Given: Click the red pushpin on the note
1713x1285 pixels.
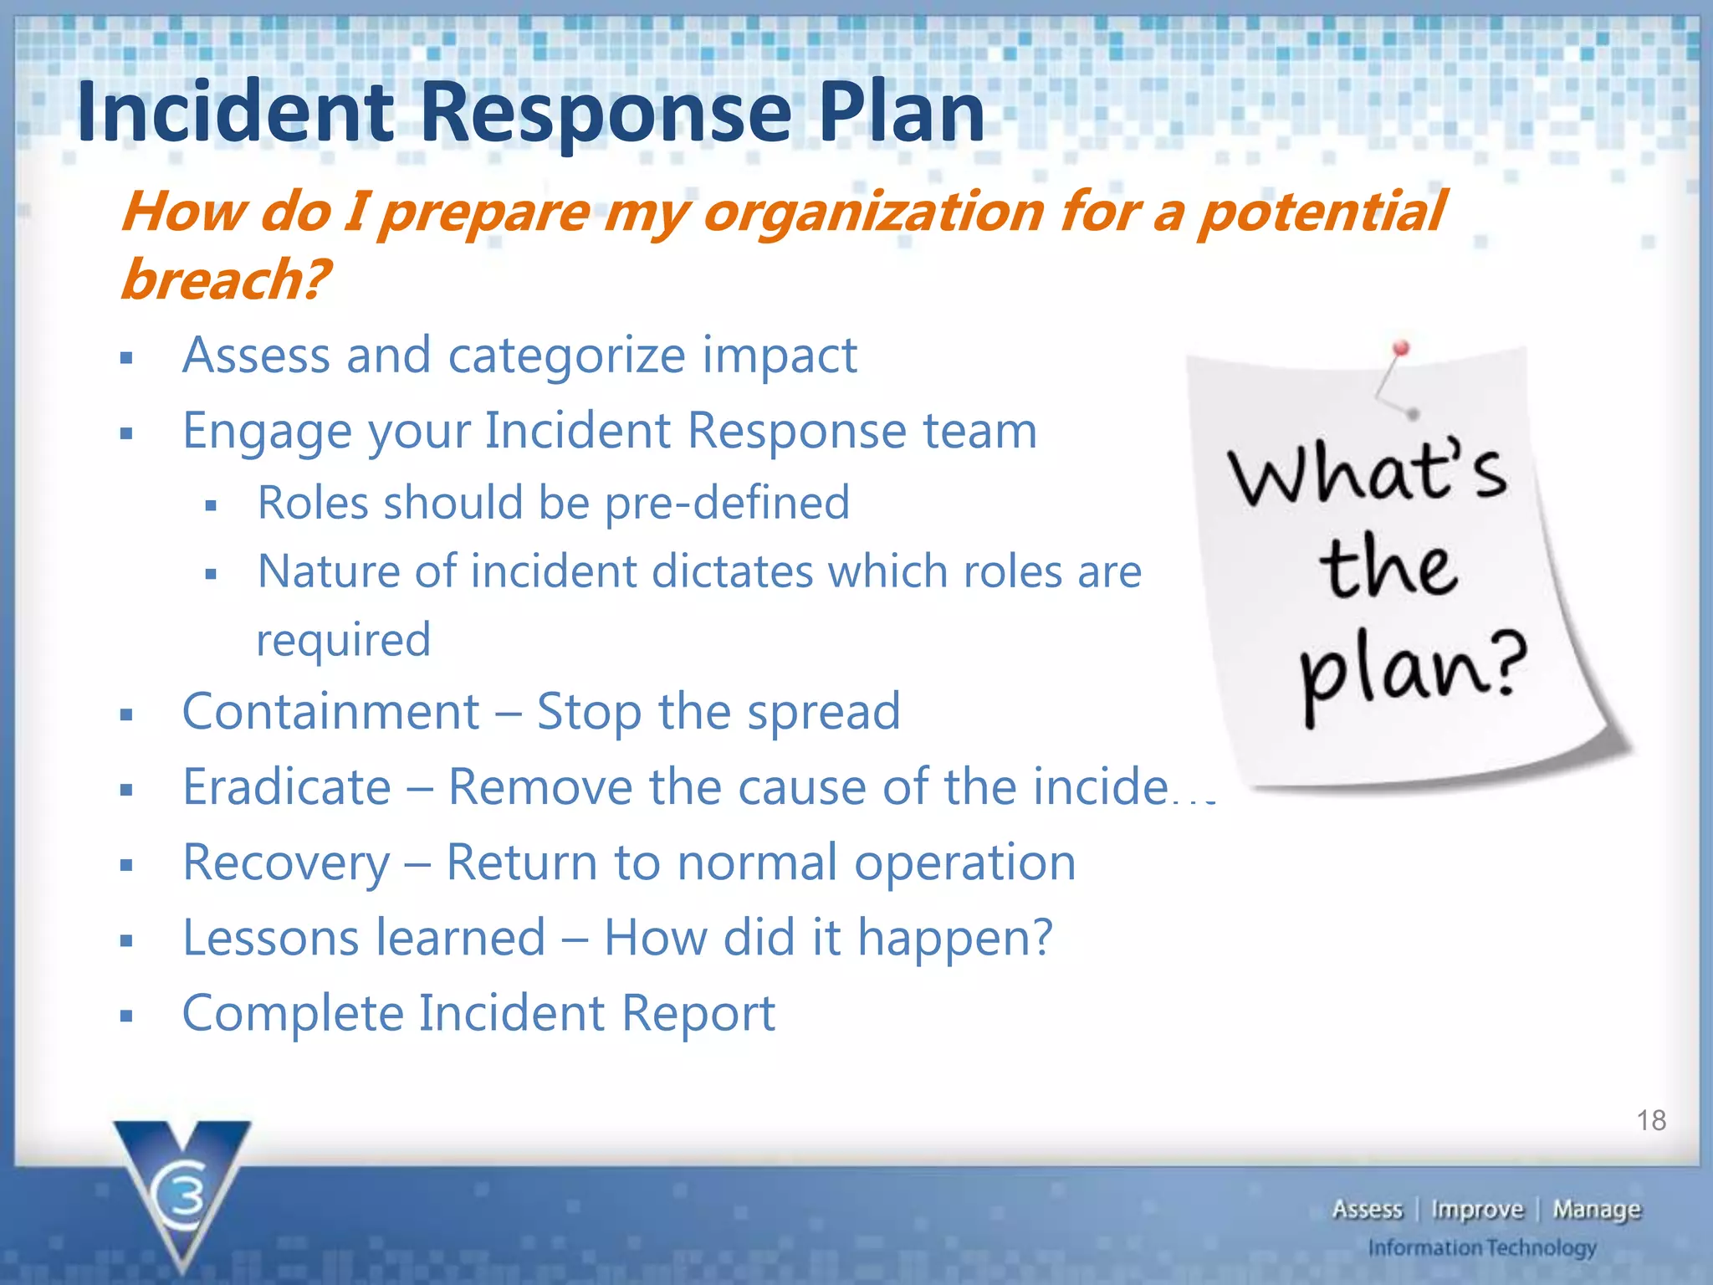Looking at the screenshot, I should (1402, 349).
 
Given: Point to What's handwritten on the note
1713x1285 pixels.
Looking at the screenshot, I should (1368, 474).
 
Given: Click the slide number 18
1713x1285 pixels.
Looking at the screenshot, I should (1651, 1120).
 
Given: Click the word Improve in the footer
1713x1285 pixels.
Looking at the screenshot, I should (1477, 1210).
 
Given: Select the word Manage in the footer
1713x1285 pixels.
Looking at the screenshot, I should (1597, 1210).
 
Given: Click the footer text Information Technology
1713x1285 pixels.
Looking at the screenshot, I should (1482, 1248).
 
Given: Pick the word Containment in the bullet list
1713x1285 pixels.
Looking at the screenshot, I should (331, 712).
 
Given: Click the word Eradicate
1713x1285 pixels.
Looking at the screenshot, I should (287, 787).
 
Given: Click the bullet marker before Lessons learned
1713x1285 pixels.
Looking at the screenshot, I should (126, 941).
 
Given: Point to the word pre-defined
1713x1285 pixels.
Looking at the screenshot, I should (727, 504).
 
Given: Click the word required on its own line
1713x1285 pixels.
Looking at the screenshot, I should (343, 641).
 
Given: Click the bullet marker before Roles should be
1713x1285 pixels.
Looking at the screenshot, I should (211, 506).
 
